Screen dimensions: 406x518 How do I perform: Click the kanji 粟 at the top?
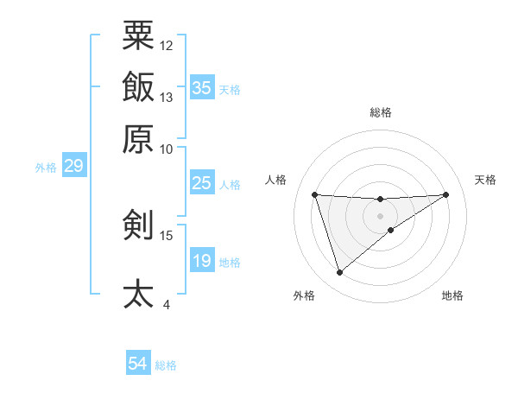[138, 36]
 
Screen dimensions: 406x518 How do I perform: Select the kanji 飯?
[138, 88]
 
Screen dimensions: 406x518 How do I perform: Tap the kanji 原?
[138, 138]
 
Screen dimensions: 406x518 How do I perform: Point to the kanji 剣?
[138, 225]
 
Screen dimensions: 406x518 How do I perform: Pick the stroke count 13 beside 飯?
[167, 97]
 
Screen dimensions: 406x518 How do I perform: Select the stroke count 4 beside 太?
[167, 304]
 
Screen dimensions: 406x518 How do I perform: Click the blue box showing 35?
[202, 88]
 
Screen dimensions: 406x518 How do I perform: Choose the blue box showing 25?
[202, 183]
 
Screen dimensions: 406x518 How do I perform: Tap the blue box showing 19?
[202, 261]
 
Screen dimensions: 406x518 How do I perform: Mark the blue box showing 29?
[73, 166]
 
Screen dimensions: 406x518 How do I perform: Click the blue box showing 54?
[138, 365]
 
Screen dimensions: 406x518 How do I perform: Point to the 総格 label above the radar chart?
[381, 112]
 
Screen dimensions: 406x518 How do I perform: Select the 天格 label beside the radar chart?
[486, 180]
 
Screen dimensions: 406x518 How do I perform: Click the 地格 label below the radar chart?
[452, 295]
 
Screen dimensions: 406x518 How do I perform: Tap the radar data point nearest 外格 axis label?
[339, 273]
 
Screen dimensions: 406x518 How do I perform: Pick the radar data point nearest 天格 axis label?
[446, 194]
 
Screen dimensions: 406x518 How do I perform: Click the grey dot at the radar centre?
[381, 215]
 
